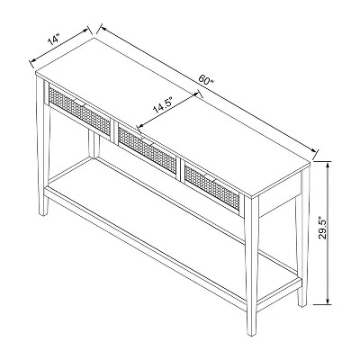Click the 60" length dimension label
205,81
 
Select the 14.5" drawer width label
163,104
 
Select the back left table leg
94,144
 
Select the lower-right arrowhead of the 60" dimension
317,150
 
